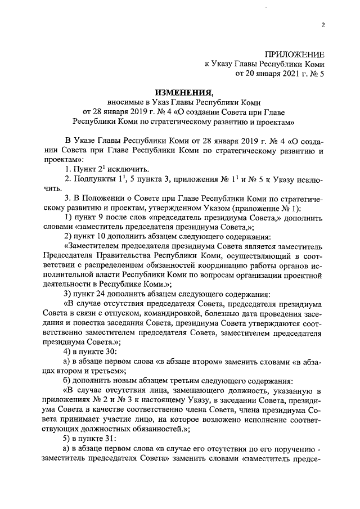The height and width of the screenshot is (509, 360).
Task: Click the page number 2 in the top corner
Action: click(323, 24)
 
